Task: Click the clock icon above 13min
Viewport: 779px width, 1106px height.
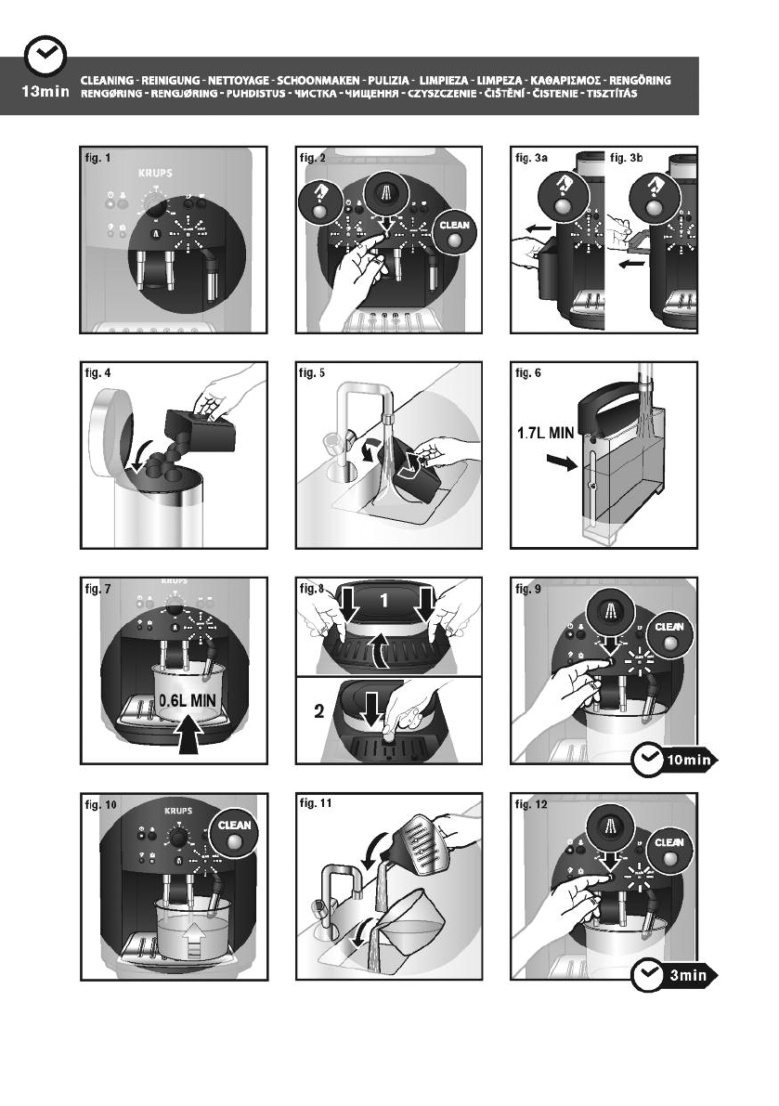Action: click(43, 58)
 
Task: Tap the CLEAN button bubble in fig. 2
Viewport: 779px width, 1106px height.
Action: click(454, 230)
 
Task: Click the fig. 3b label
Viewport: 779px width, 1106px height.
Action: click(629, 159)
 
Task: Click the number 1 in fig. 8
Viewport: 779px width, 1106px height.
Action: click(383, 602)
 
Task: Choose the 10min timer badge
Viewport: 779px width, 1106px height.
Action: click(673, 761)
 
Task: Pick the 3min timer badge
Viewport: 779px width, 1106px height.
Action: click(674, 977)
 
